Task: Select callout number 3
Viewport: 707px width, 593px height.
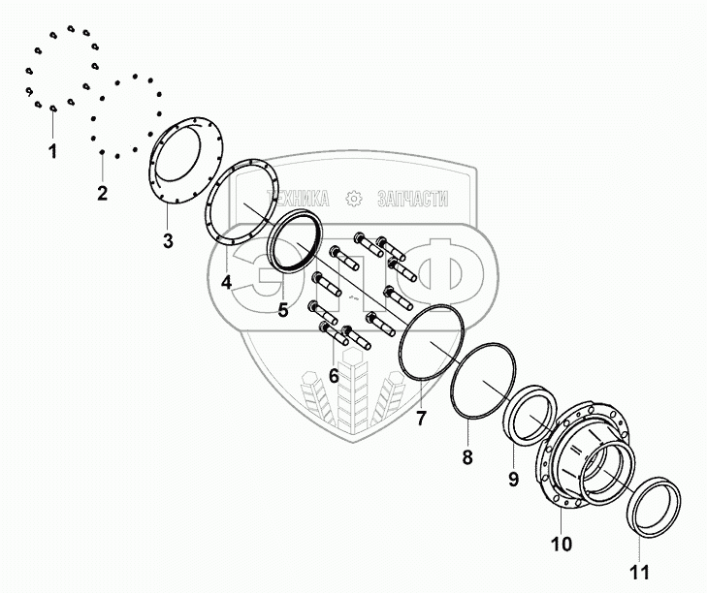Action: tap(168, 240)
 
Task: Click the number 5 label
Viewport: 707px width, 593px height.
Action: tap(282, 310)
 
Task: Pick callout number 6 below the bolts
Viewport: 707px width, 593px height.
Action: tap(334, 375)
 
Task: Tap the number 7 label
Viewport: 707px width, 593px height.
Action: tap(421, 419)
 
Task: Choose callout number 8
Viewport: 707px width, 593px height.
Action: tap(466, 456)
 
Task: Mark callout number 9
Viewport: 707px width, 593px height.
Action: tap(514, 479)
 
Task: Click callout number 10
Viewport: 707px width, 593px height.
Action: tap(562, 545)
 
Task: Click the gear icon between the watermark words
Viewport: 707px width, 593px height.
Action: tap(354, 199)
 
